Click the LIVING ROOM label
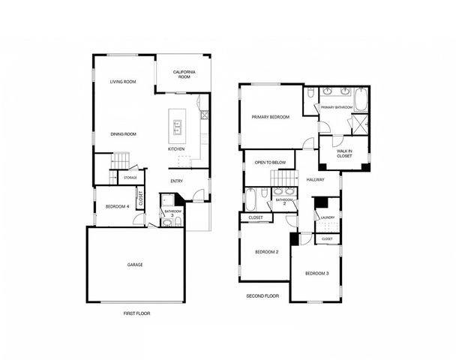click(122, 82)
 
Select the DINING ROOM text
click(123, 134)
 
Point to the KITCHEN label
click(176, 149)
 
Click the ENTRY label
click(176, 181)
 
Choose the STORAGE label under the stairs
click(130, 178)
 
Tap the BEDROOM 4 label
click(117, 206)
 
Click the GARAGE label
click(134, 265)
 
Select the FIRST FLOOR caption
click(136, 313)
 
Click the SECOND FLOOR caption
click(262, 296)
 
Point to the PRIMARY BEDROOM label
click(271, 117)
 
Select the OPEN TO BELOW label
click(270, 162)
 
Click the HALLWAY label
click(315, 180)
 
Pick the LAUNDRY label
click(326, 217)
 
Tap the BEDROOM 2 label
click(266, 252)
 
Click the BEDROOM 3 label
click(316, 274)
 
